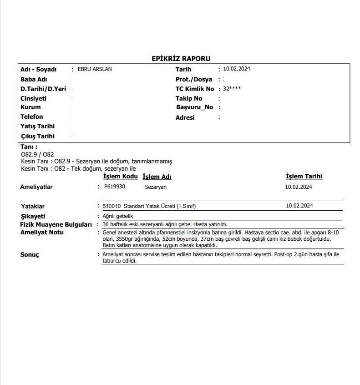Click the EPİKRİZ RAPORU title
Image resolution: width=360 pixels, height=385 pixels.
coord(181,58)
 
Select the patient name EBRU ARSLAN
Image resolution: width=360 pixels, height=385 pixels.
coord(95,69)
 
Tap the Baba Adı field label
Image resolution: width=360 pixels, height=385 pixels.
coord(34,79)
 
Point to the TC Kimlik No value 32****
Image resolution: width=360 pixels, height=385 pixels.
coord(232,89)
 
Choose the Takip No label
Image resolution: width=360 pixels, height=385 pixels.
coord(189,98)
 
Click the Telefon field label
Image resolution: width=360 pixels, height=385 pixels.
coord(32,117)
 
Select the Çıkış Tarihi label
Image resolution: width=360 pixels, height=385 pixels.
coord(37,136)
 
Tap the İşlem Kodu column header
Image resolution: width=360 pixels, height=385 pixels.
coord(121,177)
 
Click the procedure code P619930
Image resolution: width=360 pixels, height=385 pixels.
coord(114,187)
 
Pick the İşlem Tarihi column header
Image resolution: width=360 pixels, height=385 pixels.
coord(304,177)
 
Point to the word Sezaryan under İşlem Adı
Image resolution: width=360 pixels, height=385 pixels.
coord(156,187)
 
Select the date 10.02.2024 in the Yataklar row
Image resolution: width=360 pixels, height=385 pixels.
coord(299,206)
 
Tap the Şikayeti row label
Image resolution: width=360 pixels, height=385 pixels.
coord(33,216)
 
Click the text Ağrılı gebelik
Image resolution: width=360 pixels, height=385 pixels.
coord(118,216)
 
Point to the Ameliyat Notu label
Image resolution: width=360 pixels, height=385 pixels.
coord(42,233)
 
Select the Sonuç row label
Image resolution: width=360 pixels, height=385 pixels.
coord(30,254)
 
